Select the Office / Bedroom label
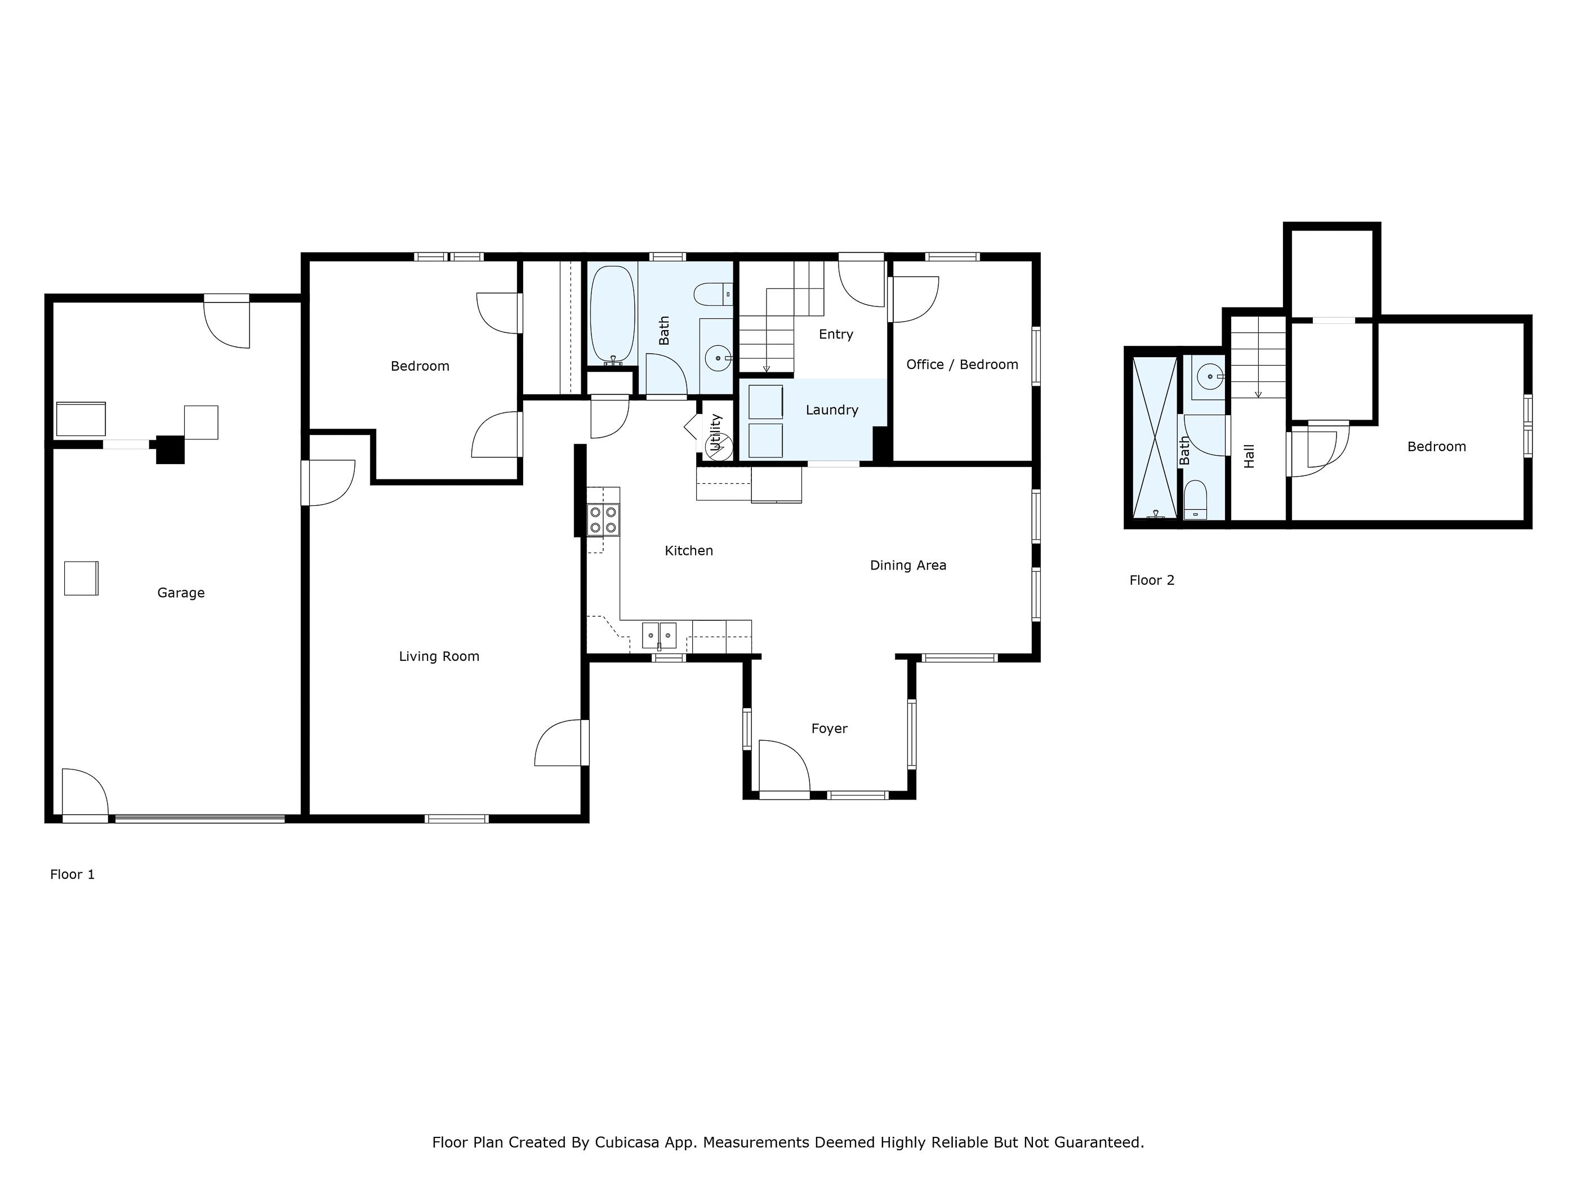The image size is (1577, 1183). point(962,364)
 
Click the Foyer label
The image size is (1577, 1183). point(829,728)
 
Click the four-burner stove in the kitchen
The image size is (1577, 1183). point(603,520)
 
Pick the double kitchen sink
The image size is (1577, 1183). point(659,635)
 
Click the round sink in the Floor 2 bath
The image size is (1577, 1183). point(1210,376)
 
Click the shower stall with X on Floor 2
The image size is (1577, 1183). point(1154,437)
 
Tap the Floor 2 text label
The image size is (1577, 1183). point(1151,580)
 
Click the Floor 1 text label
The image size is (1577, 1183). point(72,874)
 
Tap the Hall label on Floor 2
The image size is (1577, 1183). point(1249,456)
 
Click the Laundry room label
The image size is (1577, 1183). point(831,410)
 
